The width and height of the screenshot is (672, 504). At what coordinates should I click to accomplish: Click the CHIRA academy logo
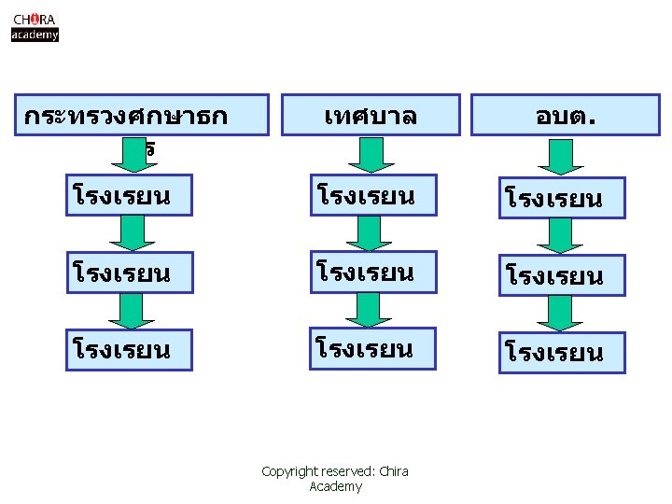click(x=35, y=26)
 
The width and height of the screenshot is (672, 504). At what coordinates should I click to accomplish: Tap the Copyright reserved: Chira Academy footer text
click(x=335, y=479)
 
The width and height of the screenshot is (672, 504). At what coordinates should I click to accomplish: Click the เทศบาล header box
click(x=371, y=116)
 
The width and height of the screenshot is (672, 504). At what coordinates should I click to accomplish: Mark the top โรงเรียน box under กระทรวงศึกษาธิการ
click(x=129, y=195)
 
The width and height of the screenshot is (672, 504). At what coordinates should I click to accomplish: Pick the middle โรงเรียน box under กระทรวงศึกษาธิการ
click(x=129, y=273)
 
